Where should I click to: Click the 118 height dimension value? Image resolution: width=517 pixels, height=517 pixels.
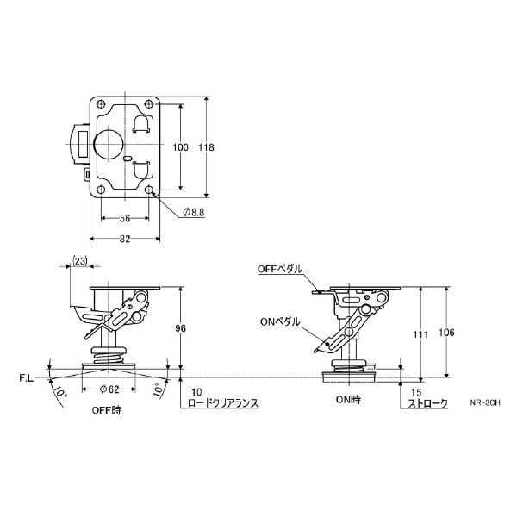(206, 147)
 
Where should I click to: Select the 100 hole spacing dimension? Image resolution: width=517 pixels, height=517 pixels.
(181, 147)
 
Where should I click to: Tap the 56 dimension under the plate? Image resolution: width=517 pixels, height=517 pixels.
(125, 218)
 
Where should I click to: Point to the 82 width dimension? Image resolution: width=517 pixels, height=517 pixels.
(125, 239)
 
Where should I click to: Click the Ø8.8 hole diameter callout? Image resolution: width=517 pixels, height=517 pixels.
(194, 212)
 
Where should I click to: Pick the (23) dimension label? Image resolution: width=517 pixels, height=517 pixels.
(80, 261)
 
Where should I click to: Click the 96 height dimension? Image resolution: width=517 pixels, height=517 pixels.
(180, 328)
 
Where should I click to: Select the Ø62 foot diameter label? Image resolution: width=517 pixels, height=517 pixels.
(109, 389)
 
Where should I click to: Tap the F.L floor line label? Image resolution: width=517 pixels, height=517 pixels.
(27, 378)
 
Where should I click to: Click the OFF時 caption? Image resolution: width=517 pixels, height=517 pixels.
(107, 410)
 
